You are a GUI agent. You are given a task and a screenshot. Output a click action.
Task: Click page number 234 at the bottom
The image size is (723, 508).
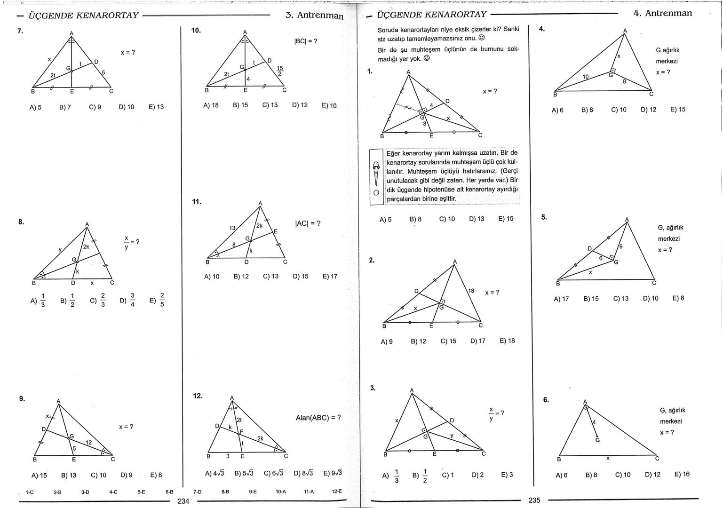tap(183, 501)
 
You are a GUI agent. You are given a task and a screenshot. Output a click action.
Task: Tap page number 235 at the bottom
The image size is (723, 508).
tap(534, 500)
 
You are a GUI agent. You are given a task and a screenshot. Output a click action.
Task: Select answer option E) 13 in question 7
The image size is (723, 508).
tap(156, 107)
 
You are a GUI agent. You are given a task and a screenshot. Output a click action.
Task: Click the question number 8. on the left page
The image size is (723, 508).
tap(21, 222)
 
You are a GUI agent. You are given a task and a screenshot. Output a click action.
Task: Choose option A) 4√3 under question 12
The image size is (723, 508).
tap(215, 473)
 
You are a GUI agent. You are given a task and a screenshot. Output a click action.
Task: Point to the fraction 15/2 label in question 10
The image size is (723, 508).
tap(280, 71)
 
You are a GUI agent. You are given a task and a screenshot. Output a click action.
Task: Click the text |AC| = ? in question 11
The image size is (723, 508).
tap(308, 223)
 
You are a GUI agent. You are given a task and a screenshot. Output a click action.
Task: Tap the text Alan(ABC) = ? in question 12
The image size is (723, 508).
tap(318, 418)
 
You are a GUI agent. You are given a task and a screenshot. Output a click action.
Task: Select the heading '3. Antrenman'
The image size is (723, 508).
tap(314, 15)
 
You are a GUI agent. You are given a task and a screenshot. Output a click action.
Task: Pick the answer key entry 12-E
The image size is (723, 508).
tap(337, 492)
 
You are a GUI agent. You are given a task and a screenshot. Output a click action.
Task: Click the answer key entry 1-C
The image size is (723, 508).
tap(29, 492)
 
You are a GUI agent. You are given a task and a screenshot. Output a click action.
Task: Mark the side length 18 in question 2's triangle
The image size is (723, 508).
tap(471, 291)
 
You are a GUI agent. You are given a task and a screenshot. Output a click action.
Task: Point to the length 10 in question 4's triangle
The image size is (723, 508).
tap(585, 76)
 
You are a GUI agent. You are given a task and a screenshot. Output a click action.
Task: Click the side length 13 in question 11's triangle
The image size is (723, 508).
tap(232, 228)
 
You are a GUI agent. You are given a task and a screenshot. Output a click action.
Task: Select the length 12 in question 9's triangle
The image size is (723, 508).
tap(88, 443)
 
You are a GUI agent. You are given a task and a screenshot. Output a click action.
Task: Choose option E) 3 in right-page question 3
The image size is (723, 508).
tap(507, 475)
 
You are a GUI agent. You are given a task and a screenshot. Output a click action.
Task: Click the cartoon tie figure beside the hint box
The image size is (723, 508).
tap(376, 176)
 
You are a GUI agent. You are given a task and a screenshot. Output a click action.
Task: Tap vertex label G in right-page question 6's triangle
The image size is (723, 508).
tap(597, 440)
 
